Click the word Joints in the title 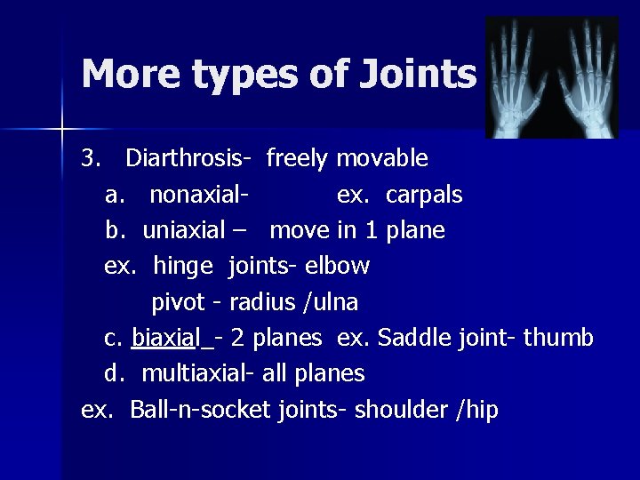(418, 75)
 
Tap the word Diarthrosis (188, 159)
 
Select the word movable (382, 159)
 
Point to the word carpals (424, 196)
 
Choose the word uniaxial (184, 231)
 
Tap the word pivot (178, 302)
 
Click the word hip (481, 411)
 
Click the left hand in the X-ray (521, 80)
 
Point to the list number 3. (89, 159)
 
